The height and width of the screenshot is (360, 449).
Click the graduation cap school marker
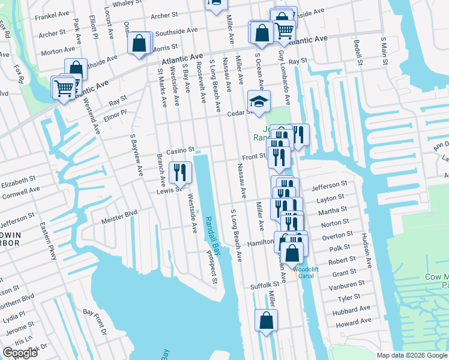pos(259,102)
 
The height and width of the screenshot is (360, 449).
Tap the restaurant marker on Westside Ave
pos(180,173)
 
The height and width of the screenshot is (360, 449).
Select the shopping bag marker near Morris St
pos(139,43)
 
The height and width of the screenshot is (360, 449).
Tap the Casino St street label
pos(181,150)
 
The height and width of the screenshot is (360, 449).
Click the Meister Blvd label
pos(122,212)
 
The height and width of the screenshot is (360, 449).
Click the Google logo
pos(20,353)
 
